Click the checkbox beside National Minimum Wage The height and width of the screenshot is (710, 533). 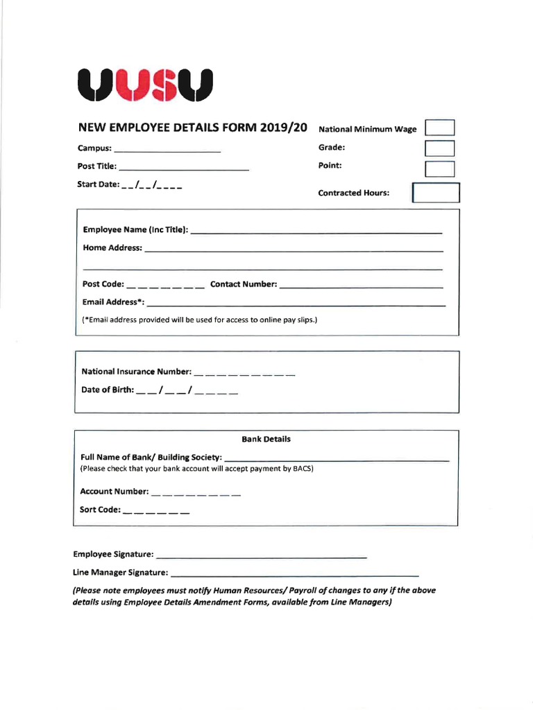click(439, 128)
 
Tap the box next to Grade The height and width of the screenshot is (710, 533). click(439, 148)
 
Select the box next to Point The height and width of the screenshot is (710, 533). click(439, 168)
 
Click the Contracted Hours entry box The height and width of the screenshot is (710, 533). click(436, 193)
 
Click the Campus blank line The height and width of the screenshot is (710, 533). click(167, 150)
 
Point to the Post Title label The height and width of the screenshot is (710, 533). click(97, 166)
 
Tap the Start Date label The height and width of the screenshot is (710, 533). click(98, 184)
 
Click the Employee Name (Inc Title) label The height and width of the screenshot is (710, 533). click(135, 230)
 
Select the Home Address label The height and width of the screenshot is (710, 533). click(112, 248)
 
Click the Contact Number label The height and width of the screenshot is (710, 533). click(243, 284)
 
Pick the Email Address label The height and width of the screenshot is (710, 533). click(113, 302)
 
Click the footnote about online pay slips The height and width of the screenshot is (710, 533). click(199, 320)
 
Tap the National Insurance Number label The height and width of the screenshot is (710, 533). click(136, 372)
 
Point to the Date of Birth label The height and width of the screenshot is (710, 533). click(108, 390)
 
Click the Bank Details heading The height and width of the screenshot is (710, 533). click(266, 439)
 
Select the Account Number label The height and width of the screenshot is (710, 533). click(115, 492)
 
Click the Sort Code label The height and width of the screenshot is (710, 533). click(101, 510)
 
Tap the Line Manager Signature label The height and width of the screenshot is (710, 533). click(120, 573)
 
